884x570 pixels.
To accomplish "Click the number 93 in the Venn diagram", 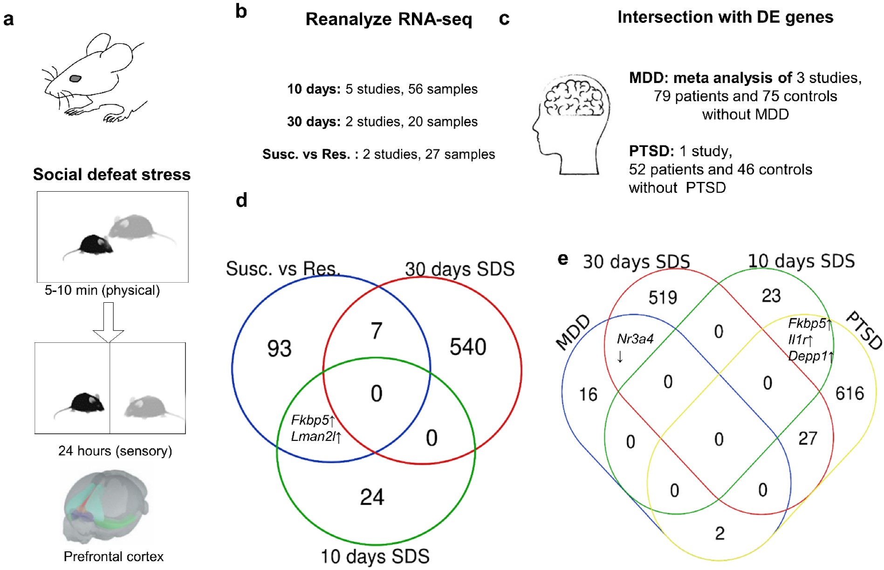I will [x=279, y=349].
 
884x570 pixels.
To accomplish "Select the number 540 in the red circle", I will [x=468, y=347].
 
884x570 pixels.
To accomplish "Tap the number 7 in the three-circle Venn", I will [x=377, y=331].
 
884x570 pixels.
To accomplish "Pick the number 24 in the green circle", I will [x=372, y=497].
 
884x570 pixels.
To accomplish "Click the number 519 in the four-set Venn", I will [x=663, y=298].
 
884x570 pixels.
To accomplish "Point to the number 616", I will [x=850, y=394].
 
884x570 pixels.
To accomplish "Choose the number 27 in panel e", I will [x=808, y=438].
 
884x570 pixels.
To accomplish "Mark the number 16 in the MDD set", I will [x=588, y=395].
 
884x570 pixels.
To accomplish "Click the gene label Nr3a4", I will [x=635, y=339].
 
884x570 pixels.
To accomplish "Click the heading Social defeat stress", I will [x=112, y=174].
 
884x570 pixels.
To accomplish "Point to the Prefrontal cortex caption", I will [x=114, y=556].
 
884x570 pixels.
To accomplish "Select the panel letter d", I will [x=241, y=201].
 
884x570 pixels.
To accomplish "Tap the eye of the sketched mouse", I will [x=75, y=78].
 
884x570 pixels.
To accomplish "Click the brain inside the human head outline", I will [x=575, y=97].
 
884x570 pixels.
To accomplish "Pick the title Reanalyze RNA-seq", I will [x=389, y=19].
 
